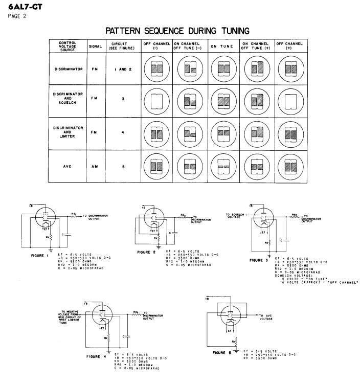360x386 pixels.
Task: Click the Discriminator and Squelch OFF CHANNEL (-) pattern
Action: click(156, 100)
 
